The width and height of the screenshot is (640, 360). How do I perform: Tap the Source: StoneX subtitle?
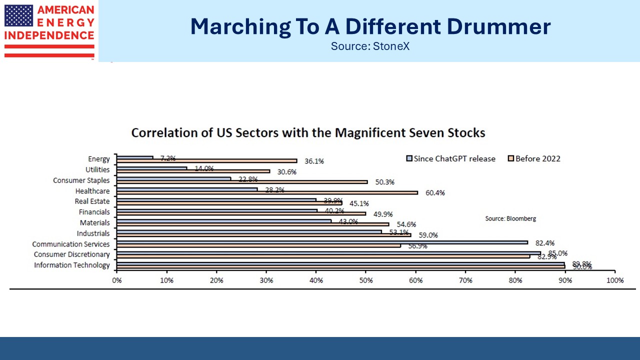pos(370,46)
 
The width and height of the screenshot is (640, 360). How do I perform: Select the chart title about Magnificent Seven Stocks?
pos(308,133)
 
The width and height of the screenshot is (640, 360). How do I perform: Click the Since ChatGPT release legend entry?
pos(450,158)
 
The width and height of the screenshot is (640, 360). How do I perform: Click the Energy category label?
pos(99,159)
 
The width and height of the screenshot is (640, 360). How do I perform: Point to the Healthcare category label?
pos(92,191)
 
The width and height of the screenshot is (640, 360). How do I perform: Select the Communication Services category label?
pos(71,244)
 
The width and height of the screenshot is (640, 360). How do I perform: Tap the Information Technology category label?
pos(72,265)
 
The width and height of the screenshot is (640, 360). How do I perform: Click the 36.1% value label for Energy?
pos(314,161)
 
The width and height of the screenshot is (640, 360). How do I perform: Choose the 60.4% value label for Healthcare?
pos(434,192)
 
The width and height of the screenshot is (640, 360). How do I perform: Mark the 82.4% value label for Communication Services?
pos(545,242)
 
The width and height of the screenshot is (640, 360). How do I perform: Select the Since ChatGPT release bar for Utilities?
pos(152,168)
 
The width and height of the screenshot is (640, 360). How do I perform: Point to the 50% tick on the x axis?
pos(365,280)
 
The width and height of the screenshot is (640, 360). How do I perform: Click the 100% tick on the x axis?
pos(614,280)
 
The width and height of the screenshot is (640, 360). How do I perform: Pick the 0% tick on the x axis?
pos(117,280)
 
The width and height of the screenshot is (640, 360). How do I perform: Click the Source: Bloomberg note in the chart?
pos(510,218)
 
